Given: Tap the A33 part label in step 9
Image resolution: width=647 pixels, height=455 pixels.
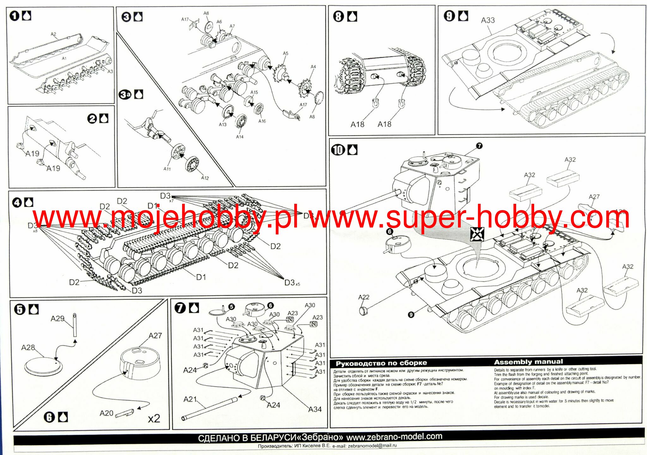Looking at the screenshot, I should click(x=488, y=20).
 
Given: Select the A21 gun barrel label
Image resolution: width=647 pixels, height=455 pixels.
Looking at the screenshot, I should click(x=190, y=399).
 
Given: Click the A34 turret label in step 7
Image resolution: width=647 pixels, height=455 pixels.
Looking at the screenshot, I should click(x=315, y=409).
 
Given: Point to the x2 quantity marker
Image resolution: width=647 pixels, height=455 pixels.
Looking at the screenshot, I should click(x=154, y=419).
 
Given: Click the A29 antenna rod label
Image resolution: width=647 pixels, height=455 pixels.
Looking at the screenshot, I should click(x=57, y=318).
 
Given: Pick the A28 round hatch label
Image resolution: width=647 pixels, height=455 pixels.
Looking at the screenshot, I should click(x=28, y=348).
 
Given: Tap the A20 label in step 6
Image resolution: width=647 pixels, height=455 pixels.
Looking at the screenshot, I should click(x=106, y=413).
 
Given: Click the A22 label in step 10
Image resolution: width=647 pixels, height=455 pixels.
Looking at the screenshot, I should click(x=363, y=297).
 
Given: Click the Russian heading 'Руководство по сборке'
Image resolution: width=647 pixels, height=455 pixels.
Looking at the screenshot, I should click(x=381, y=363).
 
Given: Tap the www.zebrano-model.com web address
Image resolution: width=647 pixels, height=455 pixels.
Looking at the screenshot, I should click(x=394, y=437).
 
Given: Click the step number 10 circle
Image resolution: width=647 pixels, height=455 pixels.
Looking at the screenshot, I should click(x=338, y=150).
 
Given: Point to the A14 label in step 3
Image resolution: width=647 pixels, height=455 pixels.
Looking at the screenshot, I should click(x=240, y=137).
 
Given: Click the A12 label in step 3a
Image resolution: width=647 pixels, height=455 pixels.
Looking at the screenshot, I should click(x=205, y=178).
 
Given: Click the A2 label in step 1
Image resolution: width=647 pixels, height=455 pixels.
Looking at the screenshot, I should click(x=53, y=34).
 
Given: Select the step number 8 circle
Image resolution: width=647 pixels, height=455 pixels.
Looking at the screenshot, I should click(x=338, y=16).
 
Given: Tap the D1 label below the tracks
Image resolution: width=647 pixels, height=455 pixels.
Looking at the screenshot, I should click(x=201, y=277).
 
